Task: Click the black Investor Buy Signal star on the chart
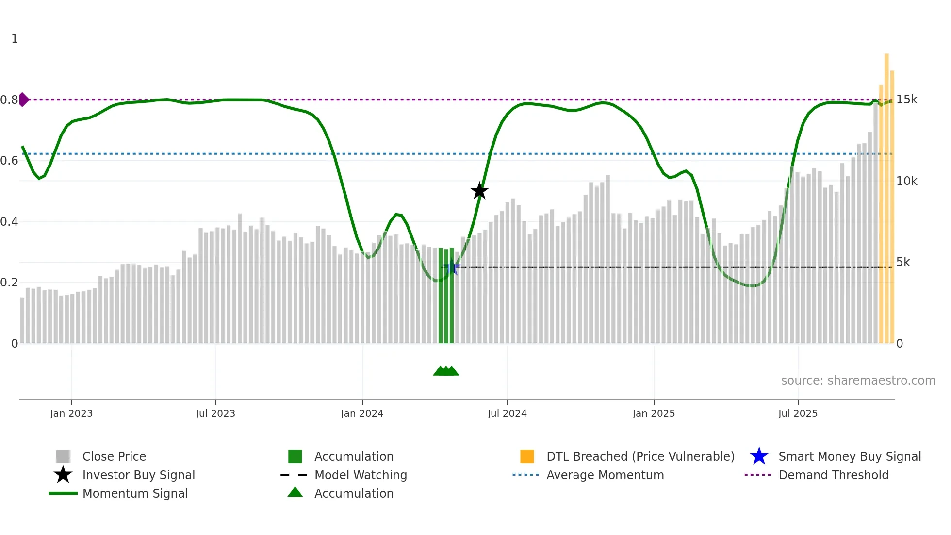[479, 191]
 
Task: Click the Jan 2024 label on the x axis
[362, 413]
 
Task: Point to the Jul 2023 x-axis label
[215, 413]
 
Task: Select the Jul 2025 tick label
[798, 413]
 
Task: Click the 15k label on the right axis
[906, 100]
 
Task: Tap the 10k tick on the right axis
[906, 181]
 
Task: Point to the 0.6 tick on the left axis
[9, 161]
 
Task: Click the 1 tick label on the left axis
[15, 39]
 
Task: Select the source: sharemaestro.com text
[858, 381]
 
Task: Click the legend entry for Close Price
[114, 456]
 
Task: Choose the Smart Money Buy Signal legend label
[849, 456]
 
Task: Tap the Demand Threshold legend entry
[833, 475]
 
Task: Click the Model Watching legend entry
[361, 475]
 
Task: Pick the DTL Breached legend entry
[640, 456]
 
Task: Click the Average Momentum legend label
[605, 475]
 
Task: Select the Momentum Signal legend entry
[135, 493]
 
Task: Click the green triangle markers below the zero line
[446, 371]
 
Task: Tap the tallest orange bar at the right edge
[886, 194]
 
